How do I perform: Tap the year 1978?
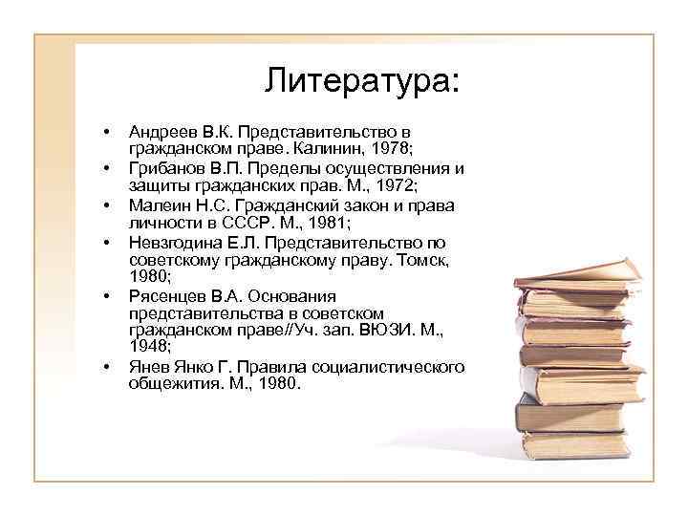click(392, 148)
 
